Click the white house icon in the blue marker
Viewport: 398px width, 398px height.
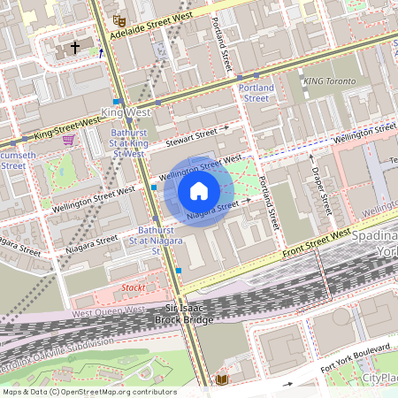pos(199,190)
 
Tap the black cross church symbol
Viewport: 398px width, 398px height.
pos(74,46)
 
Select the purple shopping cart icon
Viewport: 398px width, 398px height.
pos(68,139)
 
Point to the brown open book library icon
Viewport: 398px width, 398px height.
pos(221,380)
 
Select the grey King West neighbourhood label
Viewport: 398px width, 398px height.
pos(123,113)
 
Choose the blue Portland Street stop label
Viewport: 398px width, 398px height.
pos(256,93)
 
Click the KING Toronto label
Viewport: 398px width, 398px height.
pos(329,80)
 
